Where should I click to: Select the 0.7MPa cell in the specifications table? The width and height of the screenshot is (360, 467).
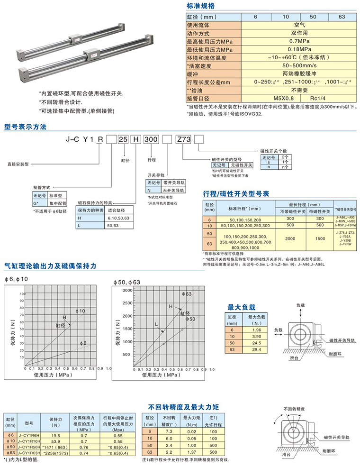pyautogui.click(x=299, y=41)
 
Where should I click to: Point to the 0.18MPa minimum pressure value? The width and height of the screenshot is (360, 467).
pyautogui.click(x=299, y=49)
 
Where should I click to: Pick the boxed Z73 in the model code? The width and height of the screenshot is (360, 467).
pyautogui.click(x=183, y=140)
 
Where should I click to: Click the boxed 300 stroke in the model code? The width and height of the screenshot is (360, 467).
pyautogui.click(x=151, y=140)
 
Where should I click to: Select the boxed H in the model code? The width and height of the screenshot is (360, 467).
pyautogui.click(x=136, y=140)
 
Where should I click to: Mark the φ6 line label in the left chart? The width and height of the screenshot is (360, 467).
pyautogui.click(x=83, y=343)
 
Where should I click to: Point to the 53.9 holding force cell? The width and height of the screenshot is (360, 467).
pyautogui.click(x=55, y=441)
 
